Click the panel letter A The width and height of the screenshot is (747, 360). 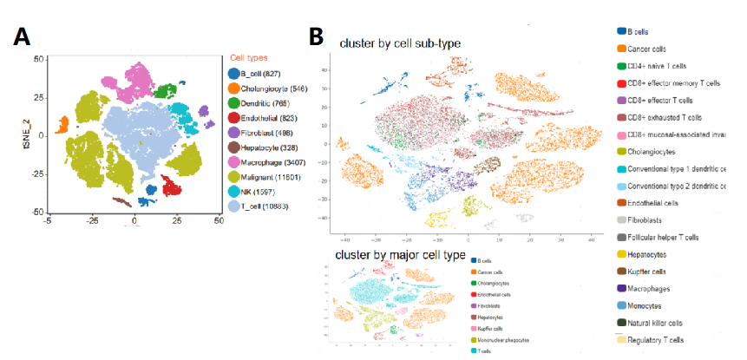pyautogui.click(x=23, y=37)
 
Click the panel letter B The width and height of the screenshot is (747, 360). pyautogui.click(x=318, y=36)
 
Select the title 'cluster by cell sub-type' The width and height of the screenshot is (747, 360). pyautogui.click(x=399, y=43)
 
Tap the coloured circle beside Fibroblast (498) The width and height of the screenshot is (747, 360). pyautogui.click(x=234, y=133)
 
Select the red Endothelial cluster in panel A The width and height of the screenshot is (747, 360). pyautogui.click(x=172, y=188)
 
